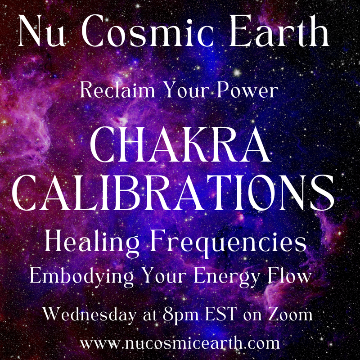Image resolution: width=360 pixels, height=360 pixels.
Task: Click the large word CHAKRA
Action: [x=180, y=145]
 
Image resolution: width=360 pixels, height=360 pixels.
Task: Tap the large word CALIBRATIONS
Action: [x=180, y=192]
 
